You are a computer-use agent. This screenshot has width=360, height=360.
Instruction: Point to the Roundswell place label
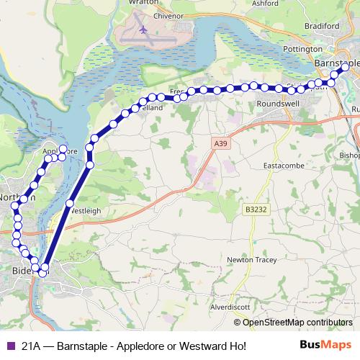(277, 104)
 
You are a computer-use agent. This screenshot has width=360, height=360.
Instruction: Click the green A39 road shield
(219, 144)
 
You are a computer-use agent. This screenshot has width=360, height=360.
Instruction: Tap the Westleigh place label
(87, 211)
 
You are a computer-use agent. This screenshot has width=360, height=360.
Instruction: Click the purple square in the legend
(10, 346)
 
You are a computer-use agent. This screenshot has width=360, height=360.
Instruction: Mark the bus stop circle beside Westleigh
(69, 204)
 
